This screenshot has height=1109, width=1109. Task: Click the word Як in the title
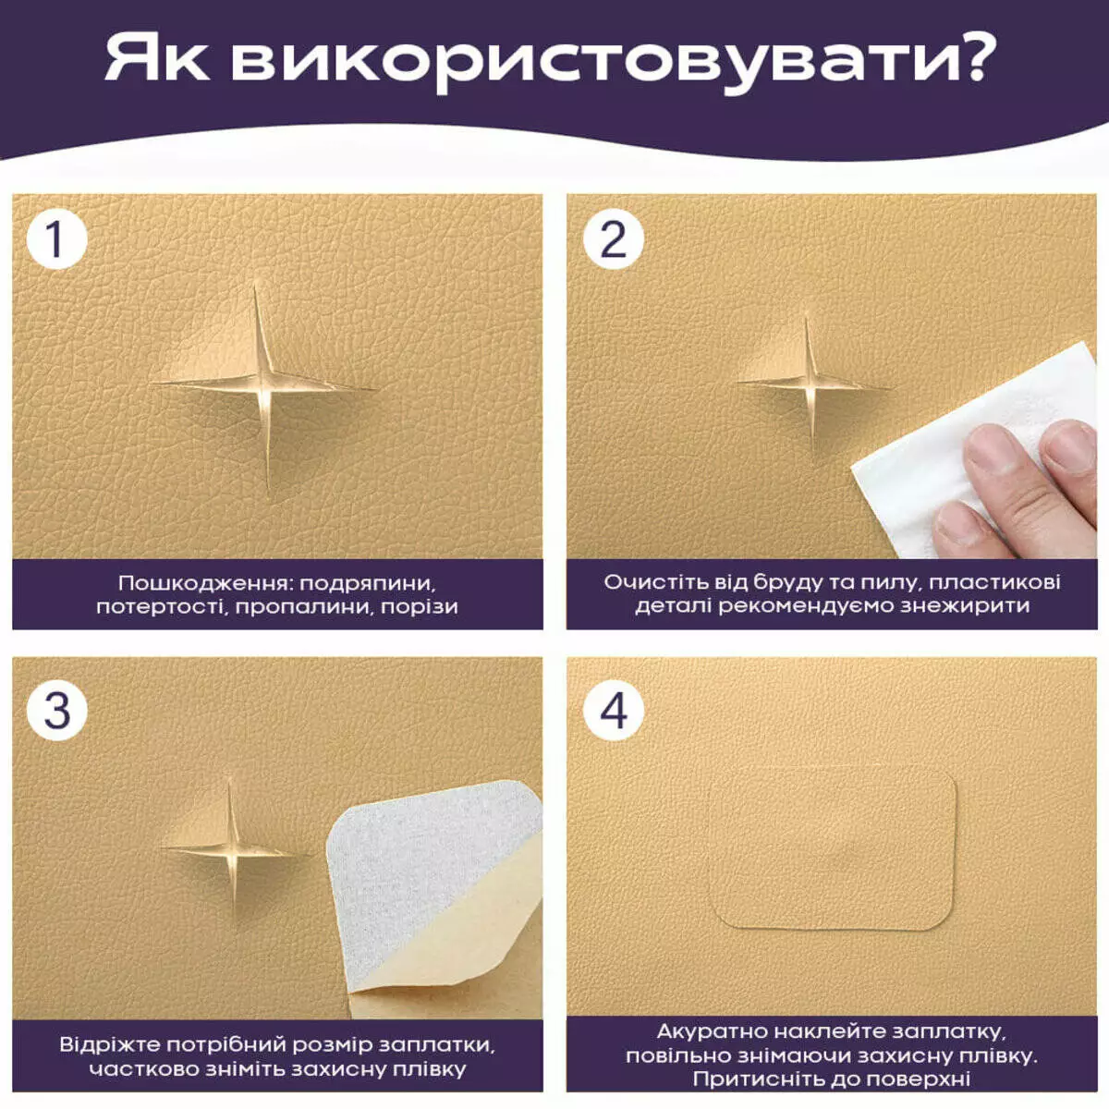tap(156, 59)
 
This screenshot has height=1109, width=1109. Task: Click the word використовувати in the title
tap(579, 64)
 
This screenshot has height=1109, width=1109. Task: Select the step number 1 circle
tap(56, 238)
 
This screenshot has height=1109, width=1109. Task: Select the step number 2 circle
tap(613, 238)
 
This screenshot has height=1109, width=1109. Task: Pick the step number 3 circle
tap(56, 710)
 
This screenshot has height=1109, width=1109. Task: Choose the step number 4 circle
tap(613, 710)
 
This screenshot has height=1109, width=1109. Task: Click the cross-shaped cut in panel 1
tap(263, 384)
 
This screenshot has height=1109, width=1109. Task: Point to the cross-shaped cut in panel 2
tap(810, 384)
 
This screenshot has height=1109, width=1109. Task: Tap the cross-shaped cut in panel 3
tap(232, 850)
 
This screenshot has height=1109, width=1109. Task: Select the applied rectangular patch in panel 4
tap(832, 849)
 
